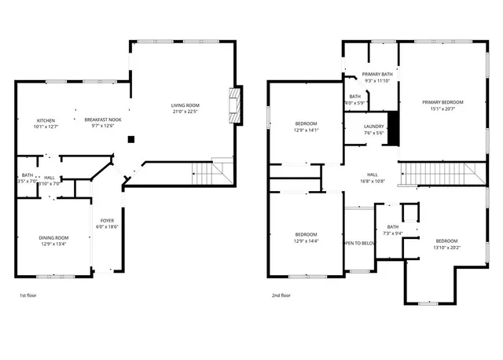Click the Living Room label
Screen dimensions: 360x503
click(186, 105)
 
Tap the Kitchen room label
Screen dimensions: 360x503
click(46, 120)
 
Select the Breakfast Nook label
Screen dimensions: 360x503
click(103, 119)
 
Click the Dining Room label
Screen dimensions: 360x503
click(54, 237)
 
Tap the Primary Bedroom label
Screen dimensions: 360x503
click(442, 102)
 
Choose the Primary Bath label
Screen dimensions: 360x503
click(376, 74)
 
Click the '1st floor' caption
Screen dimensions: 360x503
click(28, 296)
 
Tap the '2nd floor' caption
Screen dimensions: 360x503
click(281, 296)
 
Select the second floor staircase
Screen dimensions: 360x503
click(440, 173)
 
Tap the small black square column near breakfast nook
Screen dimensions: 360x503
click(131, 140)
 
